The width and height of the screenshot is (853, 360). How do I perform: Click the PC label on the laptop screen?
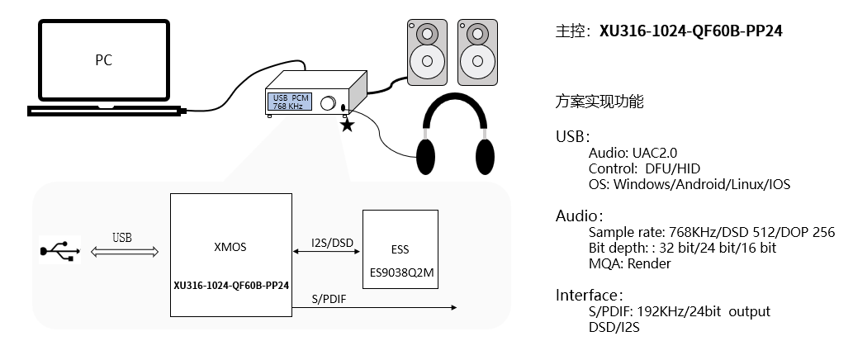[x=103, y=60]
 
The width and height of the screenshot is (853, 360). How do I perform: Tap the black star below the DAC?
[x=347, y=125]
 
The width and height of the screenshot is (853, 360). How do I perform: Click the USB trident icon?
[x=59, y=249]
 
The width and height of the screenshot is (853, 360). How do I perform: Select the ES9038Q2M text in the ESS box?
[x=400, y=271]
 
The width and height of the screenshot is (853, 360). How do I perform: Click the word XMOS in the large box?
[x=230, y=247]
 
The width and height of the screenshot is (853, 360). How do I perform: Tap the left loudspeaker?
[x=426, y=52]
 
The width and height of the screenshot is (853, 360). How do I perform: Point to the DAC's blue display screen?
[x=290, y=102]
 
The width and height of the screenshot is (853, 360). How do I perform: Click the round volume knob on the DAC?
[x=328, y=104]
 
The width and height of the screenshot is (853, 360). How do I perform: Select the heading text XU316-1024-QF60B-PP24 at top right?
[x=691, y=31]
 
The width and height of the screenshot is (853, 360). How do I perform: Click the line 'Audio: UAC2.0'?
[x=633, y=153]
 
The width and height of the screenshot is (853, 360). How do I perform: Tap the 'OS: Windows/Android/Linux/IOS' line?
[x=689, y=184]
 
